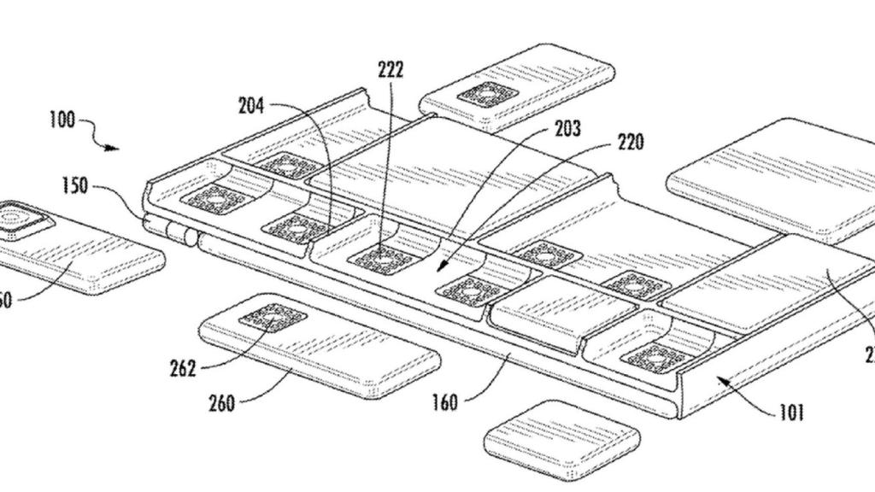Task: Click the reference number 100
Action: (62, 120)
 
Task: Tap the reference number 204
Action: (250, 107)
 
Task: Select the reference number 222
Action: (391, 70)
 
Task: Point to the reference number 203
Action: (567, 129)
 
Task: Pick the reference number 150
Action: (74, 185)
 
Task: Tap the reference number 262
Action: (183, 368)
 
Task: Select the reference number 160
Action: (444, 401)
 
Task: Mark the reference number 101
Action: (791, 413)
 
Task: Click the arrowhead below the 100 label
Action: (115, 148)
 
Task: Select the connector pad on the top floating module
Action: (487, 94)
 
